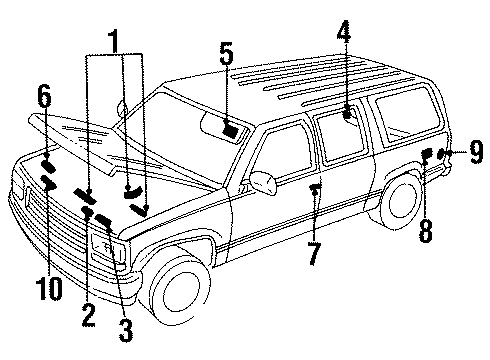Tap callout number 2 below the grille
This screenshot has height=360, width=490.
[89, 315]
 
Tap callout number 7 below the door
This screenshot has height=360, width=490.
[313, 253]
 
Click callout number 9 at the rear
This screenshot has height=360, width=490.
[476, 152]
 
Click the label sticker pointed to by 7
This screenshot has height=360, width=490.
[315, 188]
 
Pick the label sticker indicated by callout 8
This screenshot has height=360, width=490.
[426, 154]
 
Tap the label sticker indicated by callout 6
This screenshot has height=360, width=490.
[47, 165]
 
